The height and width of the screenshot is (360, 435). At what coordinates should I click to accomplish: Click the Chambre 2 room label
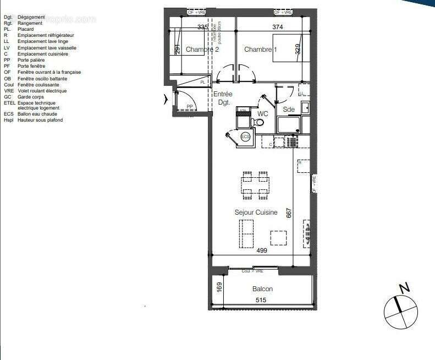[x=202, y=50]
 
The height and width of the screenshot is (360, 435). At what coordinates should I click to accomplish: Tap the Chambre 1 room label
[x=261, y=50]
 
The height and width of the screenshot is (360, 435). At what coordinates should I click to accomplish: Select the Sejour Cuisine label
[x=256, y=212]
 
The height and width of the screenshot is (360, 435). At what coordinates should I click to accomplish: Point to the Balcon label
[x=262, y=289]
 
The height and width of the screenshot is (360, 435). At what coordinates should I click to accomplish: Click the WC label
[x=262, y=114]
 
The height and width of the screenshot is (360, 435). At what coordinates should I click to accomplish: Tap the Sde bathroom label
[x=289, y=110]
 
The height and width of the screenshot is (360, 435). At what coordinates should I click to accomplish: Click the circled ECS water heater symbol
[x=245, y=136]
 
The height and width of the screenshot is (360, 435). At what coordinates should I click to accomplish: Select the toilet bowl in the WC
[x=243, y=116]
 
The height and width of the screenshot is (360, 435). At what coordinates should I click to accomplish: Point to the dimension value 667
[x=288, y=212]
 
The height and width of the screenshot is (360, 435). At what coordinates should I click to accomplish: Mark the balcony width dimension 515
[x=261, y=300]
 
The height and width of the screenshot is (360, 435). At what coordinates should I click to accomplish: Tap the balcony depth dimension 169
[x=219, y=287]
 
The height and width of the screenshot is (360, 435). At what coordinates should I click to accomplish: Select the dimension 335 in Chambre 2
[x=202, y=26]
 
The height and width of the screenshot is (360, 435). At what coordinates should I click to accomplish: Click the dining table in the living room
[x=255, y=186]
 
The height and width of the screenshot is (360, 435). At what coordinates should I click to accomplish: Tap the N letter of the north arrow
[x=404, y=287]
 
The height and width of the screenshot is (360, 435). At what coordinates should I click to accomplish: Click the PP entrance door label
[x=190, y=106]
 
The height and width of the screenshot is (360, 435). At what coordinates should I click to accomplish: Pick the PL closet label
[x=202, y=82]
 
